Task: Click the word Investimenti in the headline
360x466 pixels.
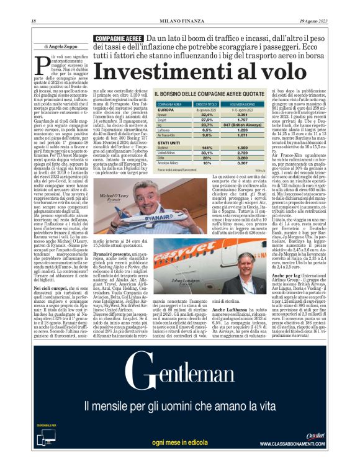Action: coord(146,71)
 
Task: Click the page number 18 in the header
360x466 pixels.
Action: coord(33,22)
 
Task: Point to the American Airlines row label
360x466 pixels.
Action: coord(170,163)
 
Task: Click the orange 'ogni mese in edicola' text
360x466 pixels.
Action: coord(180,442)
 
